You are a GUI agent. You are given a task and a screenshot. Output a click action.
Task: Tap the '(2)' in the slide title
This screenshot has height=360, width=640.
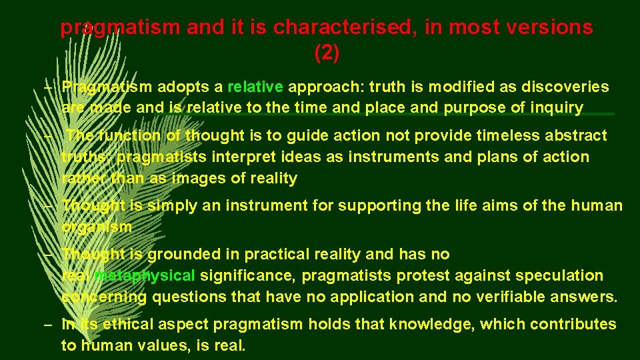click(x=327, y=53)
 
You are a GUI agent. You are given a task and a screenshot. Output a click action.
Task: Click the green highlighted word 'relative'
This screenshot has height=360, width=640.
click(x=256, y=87)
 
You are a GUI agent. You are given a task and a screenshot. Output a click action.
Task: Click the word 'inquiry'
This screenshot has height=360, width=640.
click(x=557, y=107)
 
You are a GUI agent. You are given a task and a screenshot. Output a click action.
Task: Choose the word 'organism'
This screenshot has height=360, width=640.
click(x=97, y=227)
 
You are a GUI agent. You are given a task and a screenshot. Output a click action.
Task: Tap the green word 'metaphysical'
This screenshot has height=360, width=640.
click(x=145, y=275)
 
